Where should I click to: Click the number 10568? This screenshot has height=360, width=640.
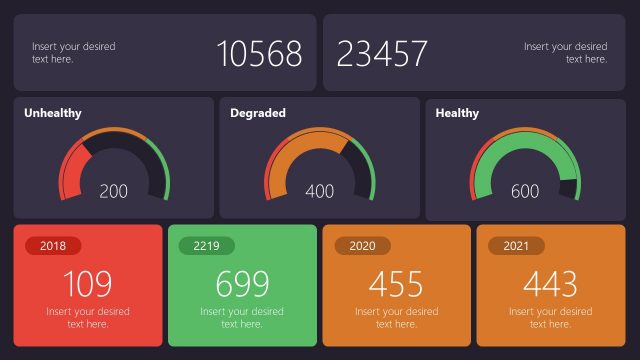260,53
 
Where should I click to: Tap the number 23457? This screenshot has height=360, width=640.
382,53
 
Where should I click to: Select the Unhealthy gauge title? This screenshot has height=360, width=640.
53,113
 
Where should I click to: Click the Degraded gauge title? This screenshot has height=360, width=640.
258,113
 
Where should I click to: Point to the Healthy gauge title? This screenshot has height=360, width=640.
457,113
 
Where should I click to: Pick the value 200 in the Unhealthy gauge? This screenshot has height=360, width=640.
114,191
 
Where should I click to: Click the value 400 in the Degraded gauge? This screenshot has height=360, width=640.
320,191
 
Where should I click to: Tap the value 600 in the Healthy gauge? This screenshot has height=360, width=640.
525,191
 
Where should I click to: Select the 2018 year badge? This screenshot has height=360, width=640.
53,246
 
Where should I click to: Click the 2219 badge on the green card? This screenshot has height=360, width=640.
206,246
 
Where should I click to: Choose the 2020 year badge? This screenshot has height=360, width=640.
362,246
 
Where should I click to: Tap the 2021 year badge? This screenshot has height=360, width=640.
516,246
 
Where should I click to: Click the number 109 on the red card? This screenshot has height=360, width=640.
88,284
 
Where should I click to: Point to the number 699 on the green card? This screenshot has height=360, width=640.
242,284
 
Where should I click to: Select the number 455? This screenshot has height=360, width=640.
396,284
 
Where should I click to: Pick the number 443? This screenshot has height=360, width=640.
550,284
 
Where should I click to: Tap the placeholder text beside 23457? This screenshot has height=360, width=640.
565,53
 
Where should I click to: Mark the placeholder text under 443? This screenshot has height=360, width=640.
550,318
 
